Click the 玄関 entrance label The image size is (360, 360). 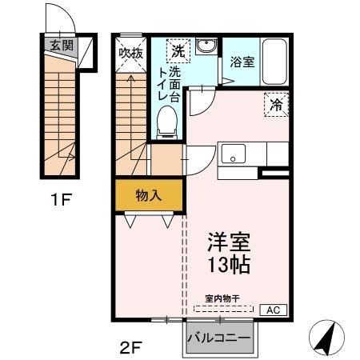(x=61, y=46)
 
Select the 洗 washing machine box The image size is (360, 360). (x=177, y=50)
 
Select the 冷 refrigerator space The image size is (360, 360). (x=274, y=102)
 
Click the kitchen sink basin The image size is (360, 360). (x=235, y=152)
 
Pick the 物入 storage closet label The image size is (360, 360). (x=148, y=195)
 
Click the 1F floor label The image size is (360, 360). (x=62, y=199)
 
